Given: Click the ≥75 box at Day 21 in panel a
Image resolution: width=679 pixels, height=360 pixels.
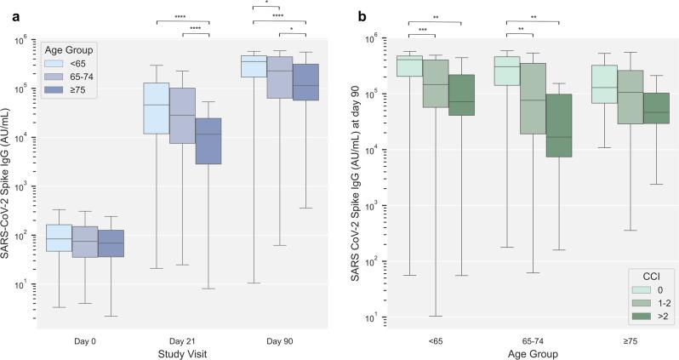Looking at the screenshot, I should point(208,140).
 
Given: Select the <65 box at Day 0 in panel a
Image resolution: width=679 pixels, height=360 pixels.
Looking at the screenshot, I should point(59,237).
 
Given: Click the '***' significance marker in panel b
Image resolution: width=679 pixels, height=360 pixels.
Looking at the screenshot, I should point(423,29).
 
